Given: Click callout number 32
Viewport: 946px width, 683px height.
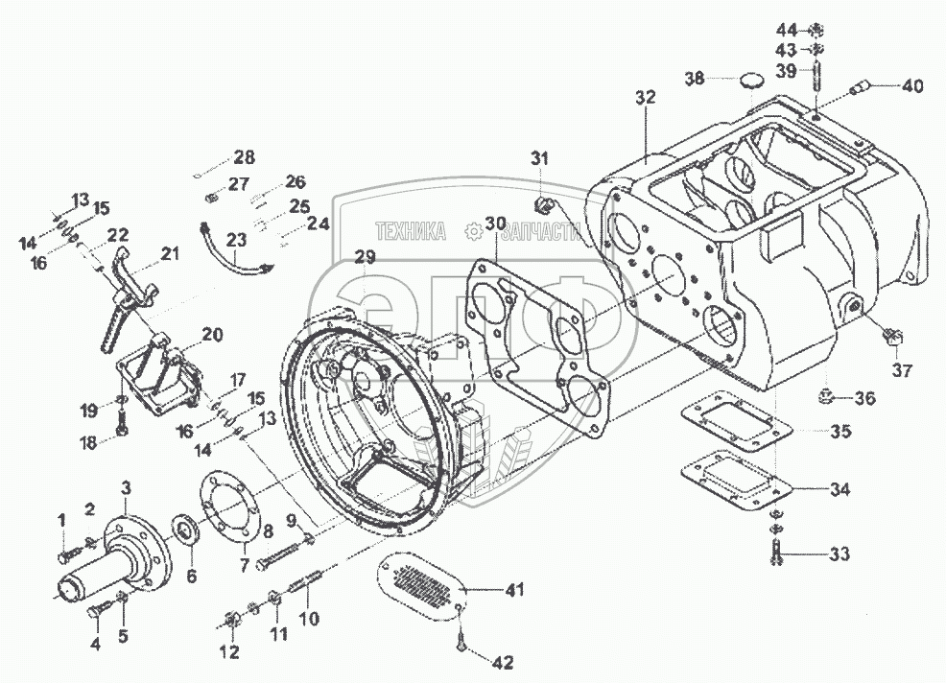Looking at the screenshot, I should (x=645, y=98).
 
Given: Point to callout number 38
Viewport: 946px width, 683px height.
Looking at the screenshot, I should (x=694, y=79).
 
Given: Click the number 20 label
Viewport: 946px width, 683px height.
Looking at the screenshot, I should (x=212, y=335).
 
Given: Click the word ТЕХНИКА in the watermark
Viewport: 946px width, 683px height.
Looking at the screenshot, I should (x=412, y=231).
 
